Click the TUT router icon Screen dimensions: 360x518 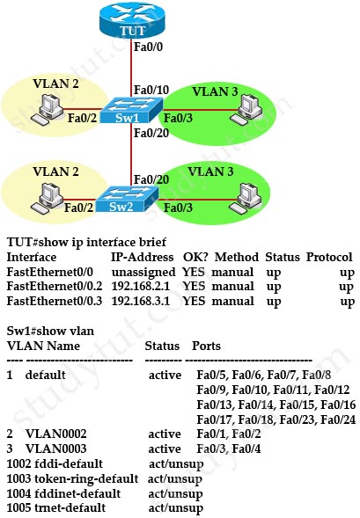coord(132,20)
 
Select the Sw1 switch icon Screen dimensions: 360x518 coord(131,111)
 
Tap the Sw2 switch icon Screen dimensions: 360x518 coord(128,200)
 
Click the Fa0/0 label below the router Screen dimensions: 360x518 coord(148,47)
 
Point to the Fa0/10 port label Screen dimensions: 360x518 coord(151,90)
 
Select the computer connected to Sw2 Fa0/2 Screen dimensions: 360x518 coord(47,199)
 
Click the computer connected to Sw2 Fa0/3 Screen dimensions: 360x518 coord(246,199)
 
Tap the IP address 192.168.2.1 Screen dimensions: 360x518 coord(141,286)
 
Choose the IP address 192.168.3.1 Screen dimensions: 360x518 coord(141,301)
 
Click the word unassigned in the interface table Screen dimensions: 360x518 coord(143,273)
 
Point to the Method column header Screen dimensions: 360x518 coord(237,257)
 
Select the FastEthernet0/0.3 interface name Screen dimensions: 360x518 coord(55,301)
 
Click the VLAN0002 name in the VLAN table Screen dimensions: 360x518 coord(55,434)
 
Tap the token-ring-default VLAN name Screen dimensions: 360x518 coord(86,478)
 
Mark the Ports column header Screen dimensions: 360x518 coord(206,346)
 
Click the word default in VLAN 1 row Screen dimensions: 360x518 coord(45,375)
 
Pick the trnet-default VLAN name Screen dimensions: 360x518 coord(70,507)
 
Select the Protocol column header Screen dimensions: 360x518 coord(329,257)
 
